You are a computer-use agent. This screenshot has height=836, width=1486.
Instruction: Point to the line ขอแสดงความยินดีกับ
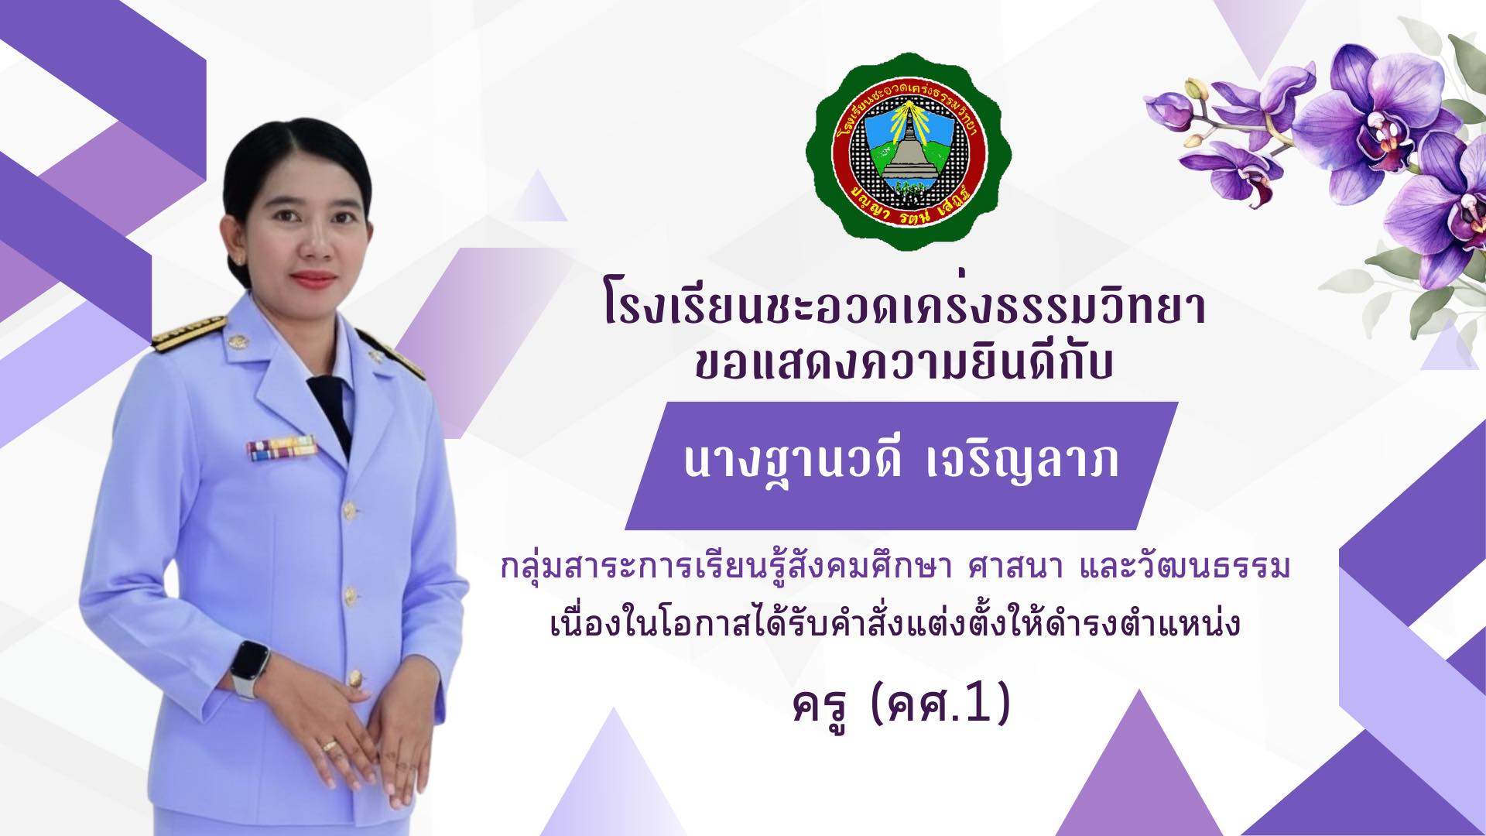[902, 362]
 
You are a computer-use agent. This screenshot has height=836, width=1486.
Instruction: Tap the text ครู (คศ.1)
[902, 706]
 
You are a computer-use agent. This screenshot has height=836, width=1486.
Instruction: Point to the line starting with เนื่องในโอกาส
[895, 624]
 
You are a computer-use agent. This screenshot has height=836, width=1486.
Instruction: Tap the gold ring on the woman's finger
[330, 745]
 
